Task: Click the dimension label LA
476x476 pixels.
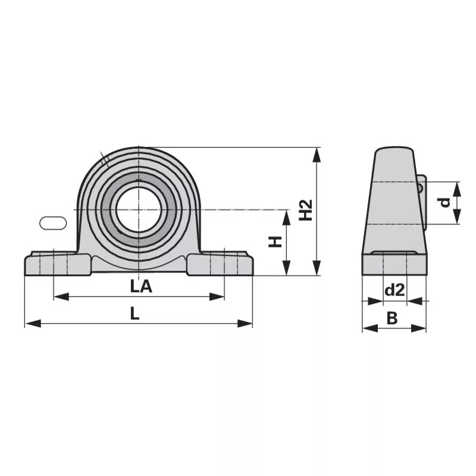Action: (141, 286)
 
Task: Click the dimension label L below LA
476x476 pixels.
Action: (134, 314)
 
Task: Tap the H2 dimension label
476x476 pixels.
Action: (306, 210)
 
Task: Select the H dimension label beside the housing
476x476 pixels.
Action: (275, 242)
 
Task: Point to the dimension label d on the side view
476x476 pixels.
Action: (445, 202)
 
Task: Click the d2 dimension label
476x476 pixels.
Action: (394, 290)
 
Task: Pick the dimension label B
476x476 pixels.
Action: (392, 318)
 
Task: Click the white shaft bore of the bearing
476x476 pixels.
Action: (138, 210)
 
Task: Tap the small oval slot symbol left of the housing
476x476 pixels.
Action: (53, 223)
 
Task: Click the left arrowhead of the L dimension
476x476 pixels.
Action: (33, 323)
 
